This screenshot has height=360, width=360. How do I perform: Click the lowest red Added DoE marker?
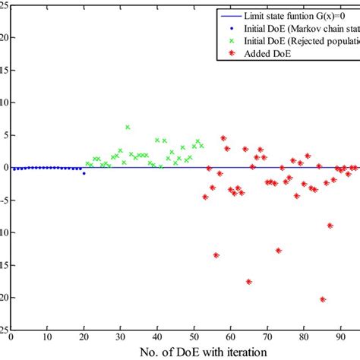(323, 299)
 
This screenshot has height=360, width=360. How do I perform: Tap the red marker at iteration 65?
(249, 281)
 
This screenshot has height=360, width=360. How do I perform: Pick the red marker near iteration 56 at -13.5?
(216, 255)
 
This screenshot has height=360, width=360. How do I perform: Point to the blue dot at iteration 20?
(84, 173)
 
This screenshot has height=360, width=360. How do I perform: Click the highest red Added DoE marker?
(223, 138)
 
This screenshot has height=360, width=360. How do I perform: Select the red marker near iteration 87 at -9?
(330, 225)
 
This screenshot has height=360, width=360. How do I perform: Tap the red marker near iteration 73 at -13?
(279, 250)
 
